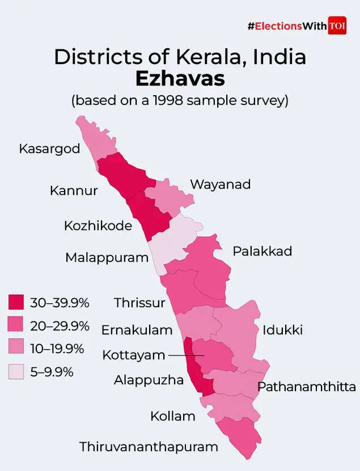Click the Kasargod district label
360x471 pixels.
[x=49, y=149]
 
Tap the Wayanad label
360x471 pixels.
[x=220, y=184]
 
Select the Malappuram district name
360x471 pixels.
[x=107, y=257]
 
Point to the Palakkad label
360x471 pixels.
[x=262, y=251]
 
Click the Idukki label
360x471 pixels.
[x=282, y=330]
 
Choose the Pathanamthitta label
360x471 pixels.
[x=307, y=387]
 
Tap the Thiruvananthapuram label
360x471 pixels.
[x=149, y=447]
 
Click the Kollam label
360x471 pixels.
[x=173, y=417]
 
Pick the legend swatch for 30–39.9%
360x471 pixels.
[x=16, y=302]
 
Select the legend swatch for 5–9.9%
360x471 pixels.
[x=16, y=372]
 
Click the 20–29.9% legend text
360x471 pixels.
[x=60, y=325]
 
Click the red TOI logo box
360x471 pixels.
[x=337, y=26]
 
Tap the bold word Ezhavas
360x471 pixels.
[x=179, y=79]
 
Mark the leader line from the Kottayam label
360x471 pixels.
[x=185, y=355]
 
